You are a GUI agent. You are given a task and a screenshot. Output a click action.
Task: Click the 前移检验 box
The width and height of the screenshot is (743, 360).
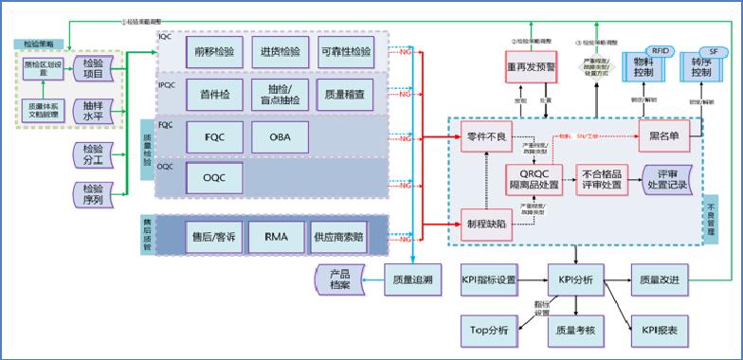tap(216, 52)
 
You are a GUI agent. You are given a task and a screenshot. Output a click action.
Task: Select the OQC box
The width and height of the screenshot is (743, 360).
tap(216, 176)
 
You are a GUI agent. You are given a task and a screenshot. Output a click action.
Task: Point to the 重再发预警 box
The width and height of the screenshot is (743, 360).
tap(534, 69)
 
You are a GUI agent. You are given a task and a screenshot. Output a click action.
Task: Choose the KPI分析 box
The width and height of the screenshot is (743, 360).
tap(576, 280)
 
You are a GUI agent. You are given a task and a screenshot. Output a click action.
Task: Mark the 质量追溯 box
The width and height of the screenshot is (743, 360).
tap(410, 280)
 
